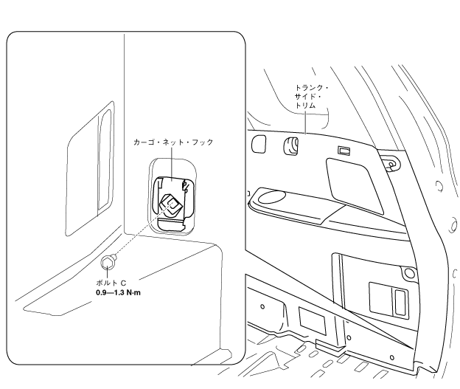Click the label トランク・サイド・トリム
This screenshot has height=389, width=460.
point(310,97)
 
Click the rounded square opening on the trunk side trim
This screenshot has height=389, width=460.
point(259,143)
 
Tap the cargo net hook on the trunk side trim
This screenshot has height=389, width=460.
point(290,145)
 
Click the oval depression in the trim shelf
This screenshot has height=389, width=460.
point(273,197)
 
